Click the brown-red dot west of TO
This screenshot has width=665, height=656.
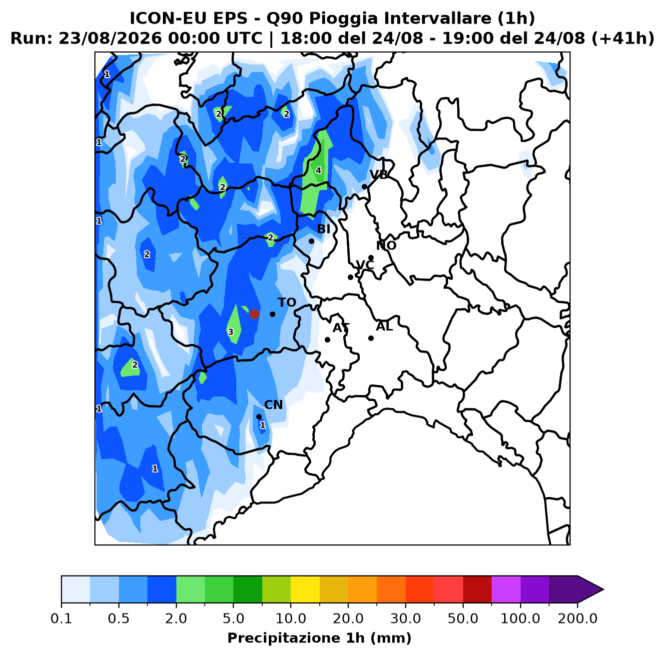[x=254, y=314]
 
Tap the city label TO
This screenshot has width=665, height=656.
[x=287, y=302]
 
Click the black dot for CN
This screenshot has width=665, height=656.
[x=259, y=416]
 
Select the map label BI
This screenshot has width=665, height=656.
[x=323, y=229]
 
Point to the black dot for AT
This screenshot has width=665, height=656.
[x=327, y=339]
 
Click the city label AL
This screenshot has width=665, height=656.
[x=384, y=326]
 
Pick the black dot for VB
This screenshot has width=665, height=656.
[x=364, y=187]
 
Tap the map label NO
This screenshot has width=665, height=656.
[x=386, y=245]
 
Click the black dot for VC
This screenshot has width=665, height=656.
[x=350, y=277]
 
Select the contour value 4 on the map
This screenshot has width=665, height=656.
[x=318, y=170]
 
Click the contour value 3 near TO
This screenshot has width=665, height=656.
[x=230, y=332]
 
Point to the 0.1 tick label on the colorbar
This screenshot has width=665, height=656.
[x=61, y=618]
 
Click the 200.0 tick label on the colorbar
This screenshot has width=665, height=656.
[x=578, y=618]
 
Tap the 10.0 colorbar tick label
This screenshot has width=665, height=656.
[x=291, y=618]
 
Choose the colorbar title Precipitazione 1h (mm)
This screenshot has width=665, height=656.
[x=319, y=637]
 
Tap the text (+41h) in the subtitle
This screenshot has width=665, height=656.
[x=623, y=38]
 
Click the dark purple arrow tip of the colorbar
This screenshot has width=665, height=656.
[x=603, y=589]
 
